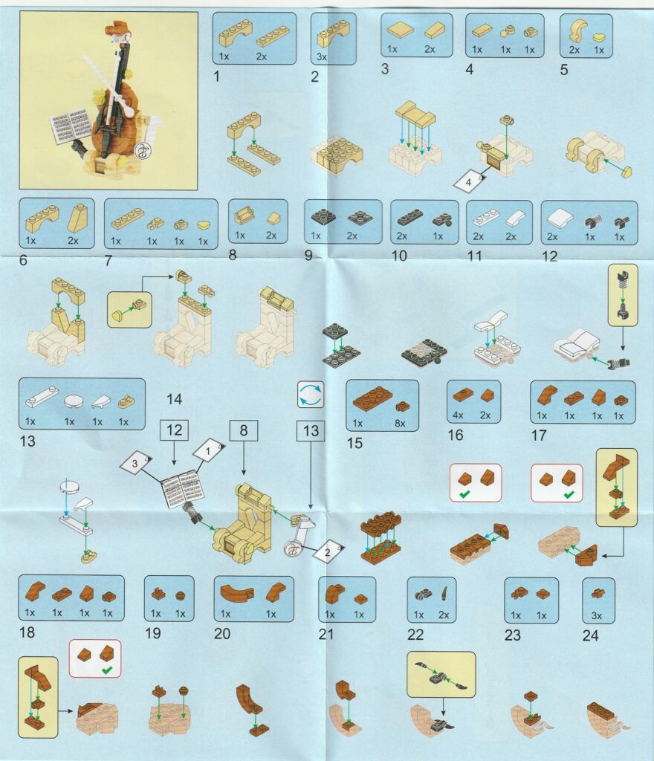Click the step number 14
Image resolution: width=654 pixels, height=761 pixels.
(x=174, y=399)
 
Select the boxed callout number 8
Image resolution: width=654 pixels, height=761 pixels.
(x=244, y=430)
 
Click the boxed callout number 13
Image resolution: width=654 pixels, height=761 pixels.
(x=311, y=430)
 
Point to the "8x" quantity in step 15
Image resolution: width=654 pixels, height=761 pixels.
(x=400, y=423)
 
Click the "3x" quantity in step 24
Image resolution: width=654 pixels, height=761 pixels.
(x=596, y=615)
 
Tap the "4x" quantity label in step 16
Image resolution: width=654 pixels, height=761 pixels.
(x=458, y=415)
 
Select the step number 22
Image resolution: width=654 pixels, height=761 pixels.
(x=415, y=635)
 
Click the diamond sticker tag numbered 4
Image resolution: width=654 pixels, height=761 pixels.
(x=469, y=182)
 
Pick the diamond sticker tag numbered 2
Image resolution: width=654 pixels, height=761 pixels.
(x=328, y=551)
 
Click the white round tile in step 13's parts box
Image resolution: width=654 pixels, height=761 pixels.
(x=73, y=401)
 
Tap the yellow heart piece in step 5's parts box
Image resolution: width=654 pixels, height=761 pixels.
(x=599, y=37)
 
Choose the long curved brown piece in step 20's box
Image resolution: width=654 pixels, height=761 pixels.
(x=236, y=592)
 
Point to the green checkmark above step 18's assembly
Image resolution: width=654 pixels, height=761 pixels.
(x=107, y=670)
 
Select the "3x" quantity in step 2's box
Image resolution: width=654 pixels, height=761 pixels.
(x=322, y=56)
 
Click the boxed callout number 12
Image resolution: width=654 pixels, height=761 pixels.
(x=174, y=430)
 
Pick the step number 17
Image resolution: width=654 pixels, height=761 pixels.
(x=539, y=435)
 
